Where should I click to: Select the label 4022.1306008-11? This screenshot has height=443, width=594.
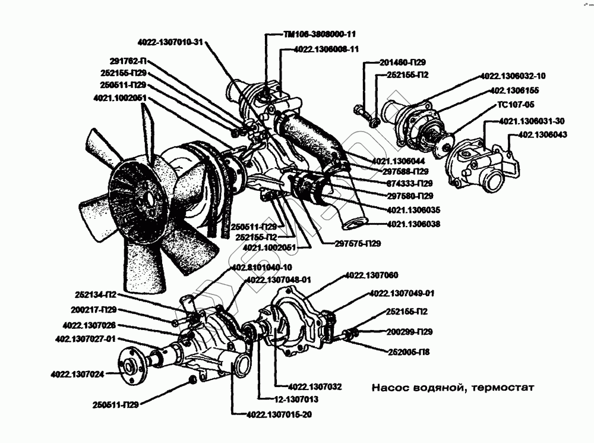point(326,49)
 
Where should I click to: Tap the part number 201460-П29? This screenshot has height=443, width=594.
point(402,62)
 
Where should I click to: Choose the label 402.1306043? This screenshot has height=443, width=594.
point(542,135)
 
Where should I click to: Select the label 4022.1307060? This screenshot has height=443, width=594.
point(371,275)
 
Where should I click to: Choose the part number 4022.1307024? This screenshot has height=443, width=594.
point(77,374)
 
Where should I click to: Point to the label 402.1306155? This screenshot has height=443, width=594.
point(516,92)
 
